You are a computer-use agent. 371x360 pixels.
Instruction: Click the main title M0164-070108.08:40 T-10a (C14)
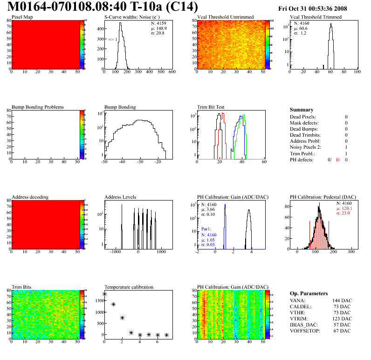pos(103,8)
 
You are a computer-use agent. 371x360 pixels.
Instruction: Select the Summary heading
pos(302,110)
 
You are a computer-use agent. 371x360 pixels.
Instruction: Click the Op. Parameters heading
pos(309,293)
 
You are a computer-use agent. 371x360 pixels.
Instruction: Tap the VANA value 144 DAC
pos(341,301)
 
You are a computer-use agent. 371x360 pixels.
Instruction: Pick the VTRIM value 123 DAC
pos(341,319)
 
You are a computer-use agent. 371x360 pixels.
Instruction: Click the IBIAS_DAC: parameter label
pos(305,325)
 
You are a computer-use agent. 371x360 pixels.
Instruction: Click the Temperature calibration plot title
pos(129,287)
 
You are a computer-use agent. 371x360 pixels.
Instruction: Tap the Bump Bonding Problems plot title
pos(38,107)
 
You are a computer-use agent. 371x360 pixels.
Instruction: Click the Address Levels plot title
pos(121,197)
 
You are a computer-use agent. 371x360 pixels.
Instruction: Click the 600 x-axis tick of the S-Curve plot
pos(172,72)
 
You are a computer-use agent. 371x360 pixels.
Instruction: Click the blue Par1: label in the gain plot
pos(207,229)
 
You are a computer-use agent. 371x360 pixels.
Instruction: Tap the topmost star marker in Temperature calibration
pos(104,294)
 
